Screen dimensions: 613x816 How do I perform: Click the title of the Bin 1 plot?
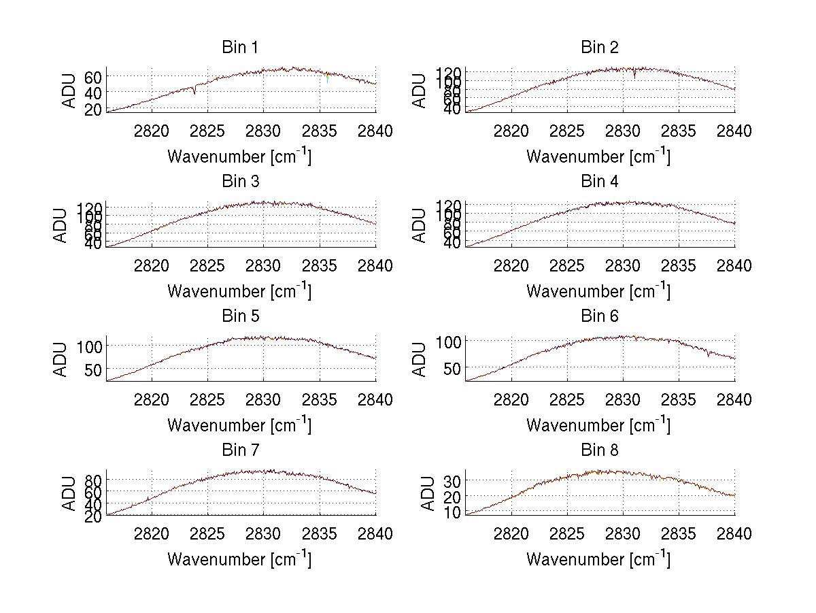coord(240,48)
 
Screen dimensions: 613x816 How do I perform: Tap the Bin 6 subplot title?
coord(599,316)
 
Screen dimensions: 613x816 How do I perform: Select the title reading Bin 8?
coord(599,450)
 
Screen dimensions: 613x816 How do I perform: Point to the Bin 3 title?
coord(240,182)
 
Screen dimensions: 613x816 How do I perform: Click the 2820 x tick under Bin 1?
coord(152,131)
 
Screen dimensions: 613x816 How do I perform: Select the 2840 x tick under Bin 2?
coord(734,131)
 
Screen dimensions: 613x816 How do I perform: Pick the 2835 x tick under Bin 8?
coord(679,534)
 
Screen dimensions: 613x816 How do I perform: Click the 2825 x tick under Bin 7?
coord(207,534)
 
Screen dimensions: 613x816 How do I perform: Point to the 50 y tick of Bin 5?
coord(94,369)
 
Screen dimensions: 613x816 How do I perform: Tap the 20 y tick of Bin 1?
coord(94,109)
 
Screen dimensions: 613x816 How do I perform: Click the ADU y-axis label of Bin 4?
coord(420,225)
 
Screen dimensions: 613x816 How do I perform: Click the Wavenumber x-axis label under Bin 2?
coord(598,156)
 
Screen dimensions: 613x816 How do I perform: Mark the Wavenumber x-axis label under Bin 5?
coord(239,425)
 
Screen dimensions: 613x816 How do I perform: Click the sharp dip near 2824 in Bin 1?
coord(194,92)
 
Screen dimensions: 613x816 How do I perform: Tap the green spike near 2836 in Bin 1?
coord(328,80)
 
